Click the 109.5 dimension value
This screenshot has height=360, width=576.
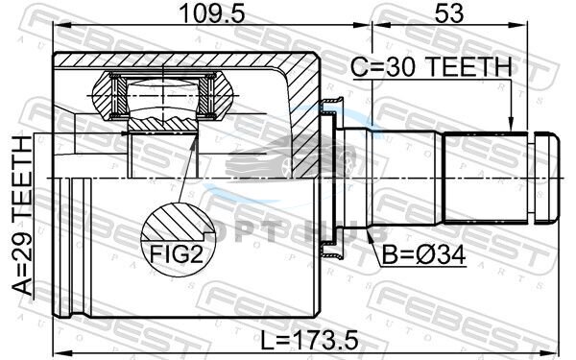pyautogui.click(x=212, y=14)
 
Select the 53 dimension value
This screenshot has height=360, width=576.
pyautogui.click(x=449, y=14)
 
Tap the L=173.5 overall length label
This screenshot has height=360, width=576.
pyautogui.click(x=309, y=341)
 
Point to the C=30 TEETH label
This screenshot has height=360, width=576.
pyautogui.click(x=431, y=67)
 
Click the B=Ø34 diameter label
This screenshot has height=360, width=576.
pyautogui.click(x=423, y=254)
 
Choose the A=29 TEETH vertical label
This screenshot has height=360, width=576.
pyautogui.click(x=22, y=215)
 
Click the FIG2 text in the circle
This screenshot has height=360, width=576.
pyautogui.click(x=177, y=253)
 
